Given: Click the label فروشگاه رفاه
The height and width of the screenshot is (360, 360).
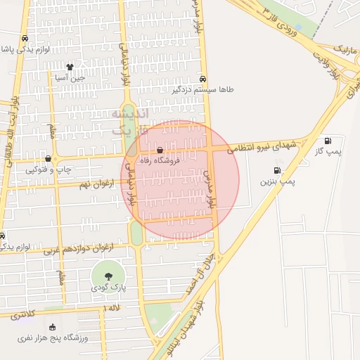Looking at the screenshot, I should click(x=160, y=161).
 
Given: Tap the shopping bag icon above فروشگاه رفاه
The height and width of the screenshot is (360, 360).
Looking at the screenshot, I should click(x=160, y=150).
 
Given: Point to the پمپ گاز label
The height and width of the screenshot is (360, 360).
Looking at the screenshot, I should click(x=328, y=151).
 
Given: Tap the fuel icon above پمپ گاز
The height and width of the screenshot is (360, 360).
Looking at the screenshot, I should click(x=328, y=141).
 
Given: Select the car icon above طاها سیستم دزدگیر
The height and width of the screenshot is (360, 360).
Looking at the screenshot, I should click(x=202, y=79).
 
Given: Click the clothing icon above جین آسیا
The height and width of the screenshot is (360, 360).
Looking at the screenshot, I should click(x=70, y=67).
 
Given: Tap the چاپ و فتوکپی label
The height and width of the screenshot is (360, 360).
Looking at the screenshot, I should click(x=46, y=169).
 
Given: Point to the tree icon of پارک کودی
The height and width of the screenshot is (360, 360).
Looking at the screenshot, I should click(x=108, y=276).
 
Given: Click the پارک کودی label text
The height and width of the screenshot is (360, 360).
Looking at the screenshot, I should click(x=108, y=288).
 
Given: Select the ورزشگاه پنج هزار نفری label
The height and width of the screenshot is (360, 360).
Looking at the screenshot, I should click(x=53, y=338).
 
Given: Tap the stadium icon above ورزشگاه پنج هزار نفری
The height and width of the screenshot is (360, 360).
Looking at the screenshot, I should click(x=53, y=327).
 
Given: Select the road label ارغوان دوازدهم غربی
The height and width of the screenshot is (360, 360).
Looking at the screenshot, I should click(x=78, y=247).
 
